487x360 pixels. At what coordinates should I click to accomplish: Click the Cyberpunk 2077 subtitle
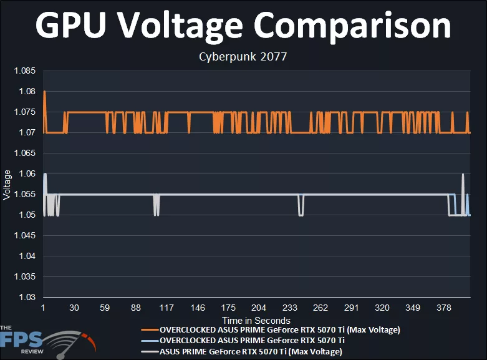(x=243, y=57)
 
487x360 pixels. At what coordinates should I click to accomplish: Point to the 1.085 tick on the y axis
(x=26, y=71)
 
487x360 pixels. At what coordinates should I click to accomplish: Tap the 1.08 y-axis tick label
(x=28, y=91)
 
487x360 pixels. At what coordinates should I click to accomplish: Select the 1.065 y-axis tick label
(x=26, y=153)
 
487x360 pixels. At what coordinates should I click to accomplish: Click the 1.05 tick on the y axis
(x=28, y=215)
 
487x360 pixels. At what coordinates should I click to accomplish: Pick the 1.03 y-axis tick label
(x=28, y=297)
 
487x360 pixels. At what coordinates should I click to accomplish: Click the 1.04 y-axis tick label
(x=28, y=256)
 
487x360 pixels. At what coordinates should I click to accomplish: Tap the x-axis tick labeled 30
(x=74, y=308)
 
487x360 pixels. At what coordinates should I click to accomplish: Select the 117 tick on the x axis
(x=166, y=308)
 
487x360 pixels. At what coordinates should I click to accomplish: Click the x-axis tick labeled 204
(x=259, y=308)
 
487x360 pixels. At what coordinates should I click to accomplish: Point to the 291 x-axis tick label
(x=351, y=308)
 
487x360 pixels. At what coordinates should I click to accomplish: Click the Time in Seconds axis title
(x=256, y=321)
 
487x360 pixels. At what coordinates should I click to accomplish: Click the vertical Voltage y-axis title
(x=7, y=185)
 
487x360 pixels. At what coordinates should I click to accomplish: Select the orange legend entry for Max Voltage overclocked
(x=279, y=329)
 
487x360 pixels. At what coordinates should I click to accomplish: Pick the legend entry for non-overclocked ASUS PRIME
(x=251, y=352)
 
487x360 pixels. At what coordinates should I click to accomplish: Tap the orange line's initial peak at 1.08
(x=44, y=92)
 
